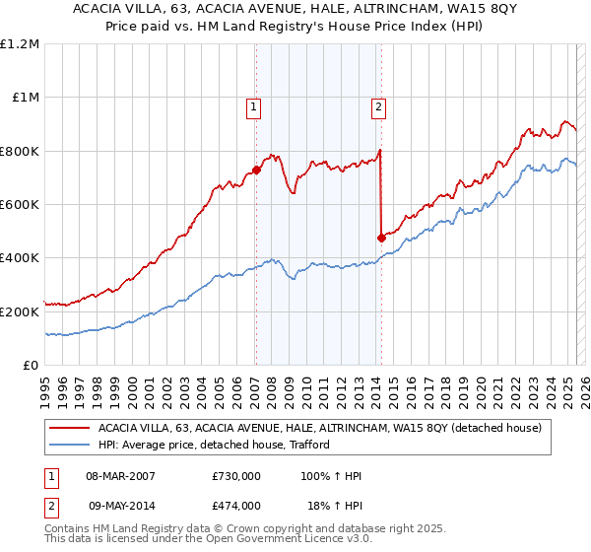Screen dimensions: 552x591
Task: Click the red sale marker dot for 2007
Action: click(256, 170)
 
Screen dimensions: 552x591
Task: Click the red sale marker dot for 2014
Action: click(381, 238)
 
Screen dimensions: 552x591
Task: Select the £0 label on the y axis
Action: click(30, 365)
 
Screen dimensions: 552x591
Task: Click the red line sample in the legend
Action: click(69, 428)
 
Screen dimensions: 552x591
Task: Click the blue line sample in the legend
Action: click(69, 446)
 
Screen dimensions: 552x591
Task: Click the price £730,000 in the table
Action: click(236, 476)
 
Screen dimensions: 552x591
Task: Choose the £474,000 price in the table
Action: click(236, 505)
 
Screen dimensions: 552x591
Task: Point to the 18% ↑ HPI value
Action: click(336, 505)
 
